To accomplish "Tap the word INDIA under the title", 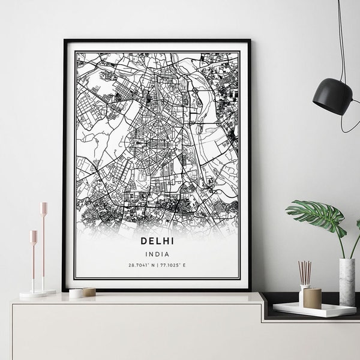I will point(157,254).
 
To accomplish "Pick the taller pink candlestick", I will point(43,246).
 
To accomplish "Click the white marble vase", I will point(347,281).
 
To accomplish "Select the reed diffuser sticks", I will point(305,273).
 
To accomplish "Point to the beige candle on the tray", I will point(313,298).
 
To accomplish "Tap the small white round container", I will point(76,293).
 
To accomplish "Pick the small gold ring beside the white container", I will point(89,292).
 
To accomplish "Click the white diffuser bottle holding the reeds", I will point(303,295).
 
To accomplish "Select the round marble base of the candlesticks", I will point(36,294).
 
